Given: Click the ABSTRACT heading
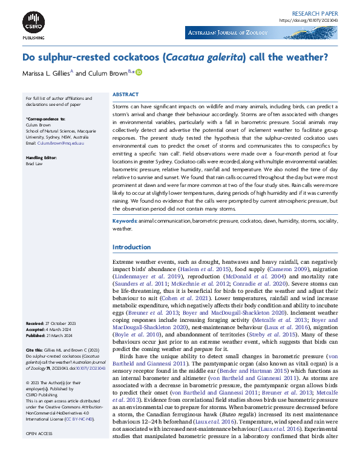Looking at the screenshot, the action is coord(125,95).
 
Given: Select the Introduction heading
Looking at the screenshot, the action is coord(132,247).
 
